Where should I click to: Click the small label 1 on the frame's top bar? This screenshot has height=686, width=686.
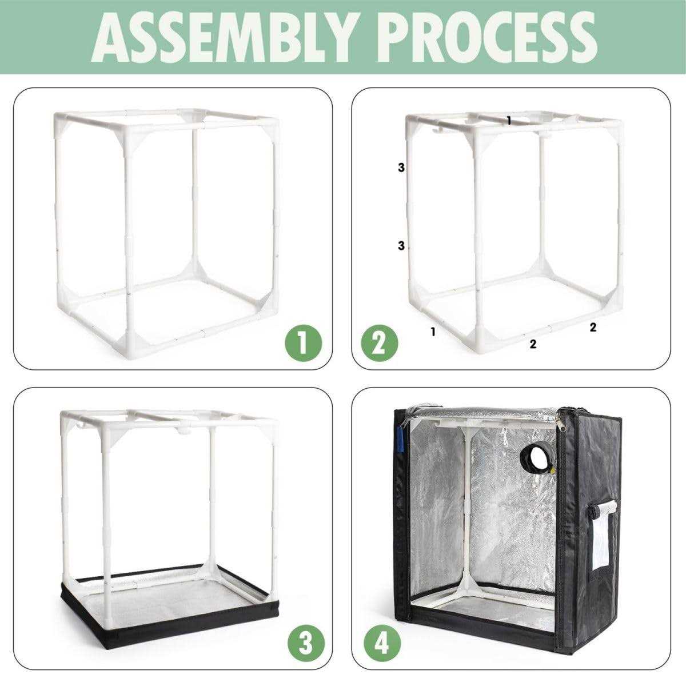pyautogui.click(x=509, y=120)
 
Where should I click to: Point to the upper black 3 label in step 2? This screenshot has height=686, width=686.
pyautogui.click(x=401, y=167)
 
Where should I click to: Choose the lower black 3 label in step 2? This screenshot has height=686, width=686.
pyautogui.click(x=401, y=246)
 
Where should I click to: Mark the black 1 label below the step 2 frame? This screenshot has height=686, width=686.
pyautogui.click(x=433, y=331)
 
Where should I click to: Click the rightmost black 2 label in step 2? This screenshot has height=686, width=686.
pyautogui.click(x=593, y=327)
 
